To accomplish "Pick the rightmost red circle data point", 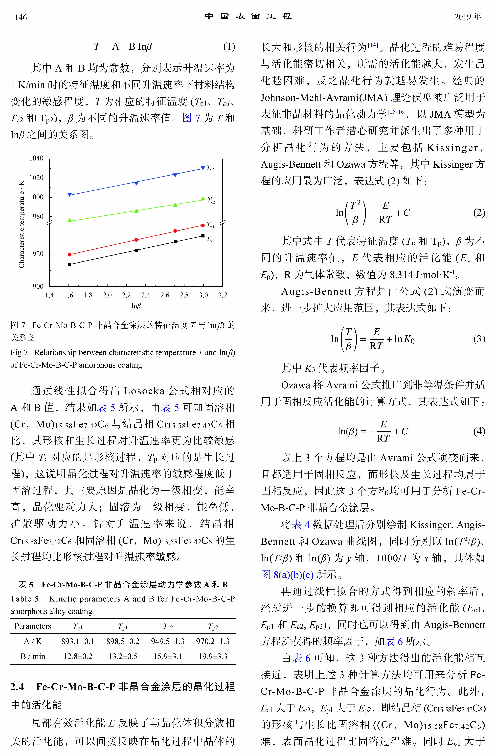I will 203,226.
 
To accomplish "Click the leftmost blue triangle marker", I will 70,194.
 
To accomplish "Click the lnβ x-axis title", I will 136,306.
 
